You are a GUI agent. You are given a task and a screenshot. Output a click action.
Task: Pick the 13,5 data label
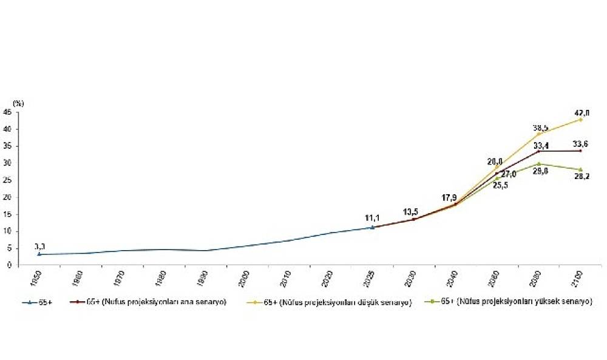pyautogui.click(x=411, y=211)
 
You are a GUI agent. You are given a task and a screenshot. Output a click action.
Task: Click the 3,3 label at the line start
pyautogui.click(x=40, y=246)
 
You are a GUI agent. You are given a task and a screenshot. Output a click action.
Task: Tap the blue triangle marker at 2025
pyautogui.click(x=372, y=228)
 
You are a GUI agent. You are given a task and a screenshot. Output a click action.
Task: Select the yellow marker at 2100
pyautogui.click(x=581, y=120)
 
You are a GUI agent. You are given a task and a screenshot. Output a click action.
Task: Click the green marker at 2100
pyautogui.click(x=581, y=169)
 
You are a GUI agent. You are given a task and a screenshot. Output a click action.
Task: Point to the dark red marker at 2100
pyautogui.click(x=581, y=151)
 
